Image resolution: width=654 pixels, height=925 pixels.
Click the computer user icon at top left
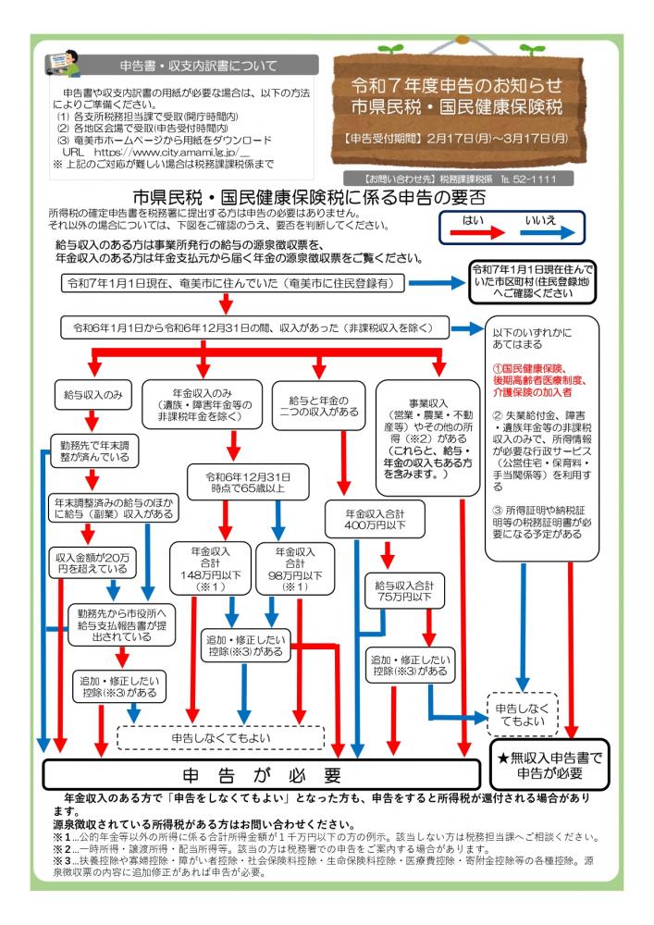(x=64, y=68)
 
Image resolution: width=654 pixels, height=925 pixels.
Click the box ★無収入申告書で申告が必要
(x=549, y=764)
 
